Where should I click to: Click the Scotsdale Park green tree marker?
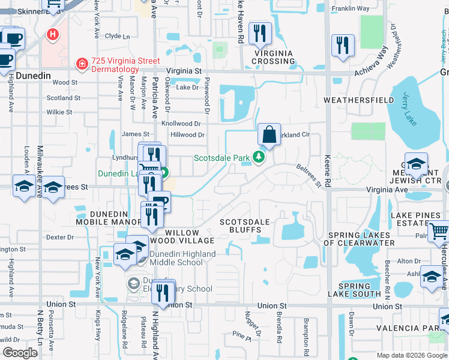point(258,157)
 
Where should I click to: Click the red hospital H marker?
point(53,35)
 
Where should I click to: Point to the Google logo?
point(20,353)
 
